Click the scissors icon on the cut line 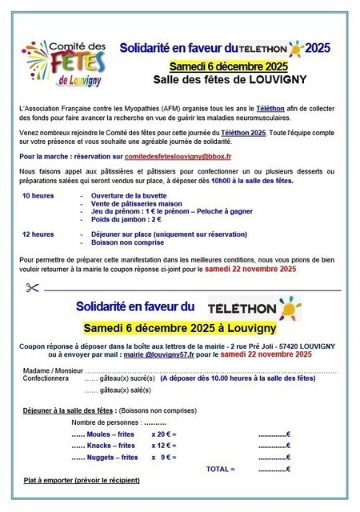click(32, 287)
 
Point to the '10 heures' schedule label click(37, 196)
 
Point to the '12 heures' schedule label click(37, 234)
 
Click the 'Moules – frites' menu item click(112, 434)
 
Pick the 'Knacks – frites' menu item click(112, 446)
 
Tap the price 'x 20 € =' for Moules click(164, 434)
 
